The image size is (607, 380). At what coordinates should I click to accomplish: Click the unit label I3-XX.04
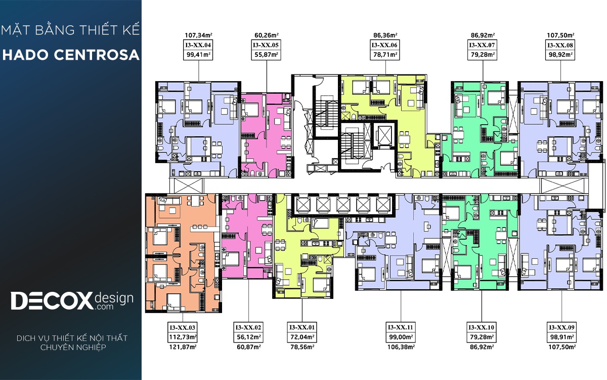198,45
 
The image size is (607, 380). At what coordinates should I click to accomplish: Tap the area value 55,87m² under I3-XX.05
266,55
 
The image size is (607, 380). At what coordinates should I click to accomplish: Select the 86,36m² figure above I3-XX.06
385,35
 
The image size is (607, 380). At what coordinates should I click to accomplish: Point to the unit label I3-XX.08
560,45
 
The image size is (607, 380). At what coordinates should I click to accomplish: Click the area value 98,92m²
560,55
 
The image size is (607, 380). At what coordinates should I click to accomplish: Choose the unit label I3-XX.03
183,327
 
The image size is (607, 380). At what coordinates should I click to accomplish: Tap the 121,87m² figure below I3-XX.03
183,347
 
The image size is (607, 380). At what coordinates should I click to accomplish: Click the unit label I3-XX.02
248,327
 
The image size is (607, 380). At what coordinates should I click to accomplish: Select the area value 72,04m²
302,337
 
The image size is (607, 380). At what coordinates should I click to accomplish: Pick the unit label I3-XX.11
401,327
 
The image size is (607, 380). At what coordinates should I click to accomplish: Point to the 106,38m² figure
401,347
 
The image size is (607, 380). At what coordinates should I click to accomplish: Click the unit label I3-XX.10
482,327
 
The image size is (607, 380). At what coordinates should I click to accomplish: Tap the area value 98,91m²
561,337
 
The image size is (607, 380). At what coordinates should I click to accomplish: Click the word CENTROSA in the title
97,55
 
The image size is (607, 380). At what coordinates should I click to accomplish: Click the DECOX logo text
52,301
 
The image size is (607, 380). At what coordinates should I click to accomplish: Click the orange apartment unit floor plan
184,253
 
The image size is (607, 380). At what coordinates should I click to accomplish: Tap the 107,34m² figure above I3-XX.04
198,35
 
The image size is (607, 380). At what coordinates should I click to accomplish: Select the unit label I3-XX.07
482,45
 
